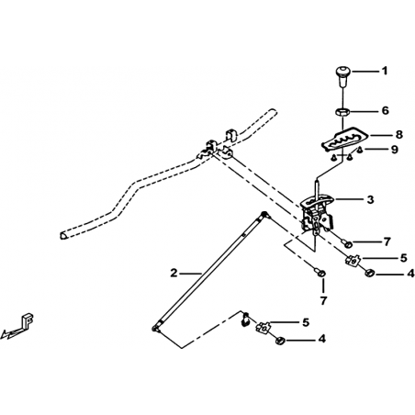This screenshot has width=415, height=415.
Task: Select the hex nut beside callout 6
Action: point(342,111)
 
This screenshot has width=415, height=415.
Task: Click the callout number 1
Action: point(384,71)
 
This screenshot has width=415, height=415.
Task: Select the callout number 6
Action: point(385,110)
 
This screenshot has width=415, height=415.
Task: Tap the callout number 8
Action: point(398,134)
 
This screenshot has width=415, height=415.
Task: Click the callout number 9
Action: point(394,150)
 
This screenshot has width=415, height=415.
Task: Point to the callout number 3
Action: point(370,199)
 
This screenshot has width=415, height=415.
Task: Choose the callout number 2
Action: point(174,273)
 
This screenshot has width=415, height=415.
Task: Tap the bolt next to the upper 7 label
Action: point(347,243)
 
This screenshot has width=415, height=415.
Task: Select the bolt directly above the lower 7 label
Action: point(320,273)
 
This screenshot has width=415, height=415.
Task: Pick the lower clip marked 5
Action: point(263,328)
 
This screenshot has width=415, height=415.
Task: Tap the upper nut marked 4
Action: point(369,272)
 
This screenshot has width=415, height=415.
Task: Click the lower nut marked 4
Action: point(280,340)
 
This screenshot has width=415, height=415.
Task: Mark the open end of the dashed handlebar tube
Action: point(63,235)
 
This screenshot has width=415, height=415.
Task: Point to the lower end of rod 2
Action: point(155,328)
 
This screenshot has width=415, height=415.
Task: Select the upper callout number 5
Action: point(404,258)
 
